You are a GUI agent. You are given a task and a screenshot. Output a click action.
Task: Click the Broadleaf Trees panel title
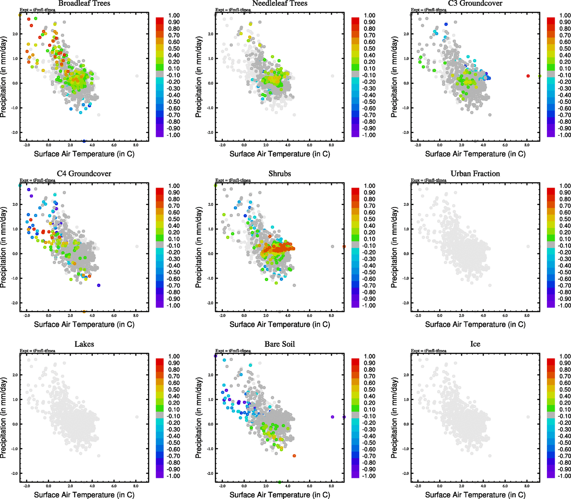(x=84, y=3)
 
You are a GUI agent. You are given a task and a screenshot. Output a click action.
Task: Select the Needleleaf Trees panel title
(x=279, y=3)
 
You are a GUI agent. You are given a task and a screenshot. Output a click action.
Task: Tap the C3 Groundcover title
(x=475, y=3)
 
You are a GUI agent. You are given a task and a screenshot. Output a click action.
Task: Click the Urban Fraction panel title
(x=475, y=174)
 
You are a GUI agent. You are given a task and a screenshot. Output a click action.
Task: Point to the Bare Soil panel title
(x=279, y=344)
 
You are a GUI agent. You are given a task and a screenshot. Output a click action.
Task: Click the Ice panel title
(x=475, y=344)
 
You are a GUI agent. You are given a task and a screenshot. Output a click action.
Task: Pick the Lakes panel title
(x=84, y=344)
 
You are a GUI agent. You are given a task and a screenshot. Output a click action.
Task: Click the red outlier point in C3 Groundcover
(x=528, y=76)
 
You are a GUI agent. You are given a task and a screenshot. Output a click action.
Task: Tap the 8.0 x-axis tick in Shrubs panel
(x=331, y=316)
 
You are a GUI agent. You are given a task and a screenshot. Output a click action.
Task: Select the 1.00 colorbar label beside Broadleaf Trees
(x=174, y=15)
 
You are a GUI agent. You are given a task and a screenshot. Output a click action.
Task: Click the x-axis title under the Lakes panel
(x=84, y=494)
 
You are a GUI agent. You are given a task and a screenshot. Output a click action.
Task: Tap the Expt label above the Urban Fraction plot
(x=428, y=180)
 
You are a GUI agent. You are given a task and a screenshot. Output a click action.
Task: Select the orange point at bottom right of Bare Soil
(x=294, y=456)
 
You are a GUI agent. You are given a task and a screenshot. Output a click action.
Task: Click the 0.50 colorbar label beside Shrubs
(x=370, y=219)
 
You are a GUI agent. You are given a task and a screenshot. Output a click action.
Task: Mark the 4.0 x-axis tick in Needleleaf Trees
(x=288, y=145)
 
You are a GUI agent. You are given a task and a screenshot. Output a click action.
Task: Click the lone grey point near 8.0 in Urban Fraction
(x=528, y=247)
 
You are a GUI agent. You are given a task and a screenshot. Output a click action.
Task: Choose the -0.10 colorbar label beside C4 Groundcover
(x=174, y=246)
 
